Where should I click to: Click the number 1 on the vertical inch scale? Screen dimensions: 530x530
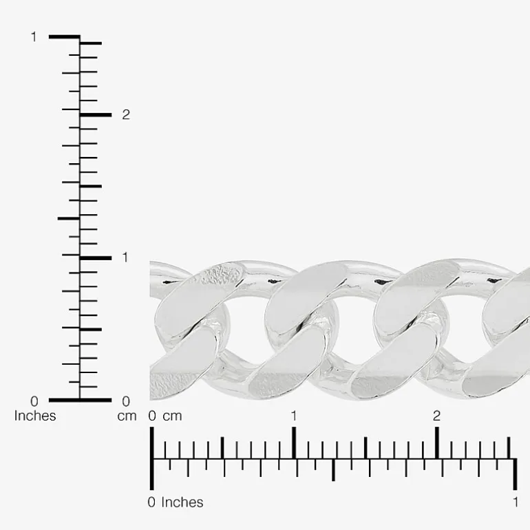[34, 37]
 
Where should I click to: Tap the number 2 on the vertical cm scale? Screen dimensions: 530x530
[126, 115]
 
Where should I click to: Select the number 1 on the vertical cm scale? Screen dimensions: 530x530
[125, 257]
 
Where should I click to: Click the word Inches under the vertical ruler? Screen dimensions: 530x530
[35, 416]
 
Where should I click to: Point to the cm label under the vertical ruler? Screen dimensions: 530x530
[127, 416]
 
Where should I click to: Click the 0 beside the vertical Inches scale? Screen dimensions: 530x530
[34, 401]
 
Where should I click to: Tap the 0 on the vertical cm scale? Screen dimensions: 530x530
[126, 401]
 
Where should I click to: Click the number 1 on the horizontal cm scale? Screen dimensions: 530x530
[294, 416]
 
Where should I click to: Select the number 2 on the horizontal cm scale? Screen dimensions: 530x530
[436, 416]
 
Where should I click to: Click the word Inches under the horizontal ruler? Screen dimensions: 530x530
[182, 502]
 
